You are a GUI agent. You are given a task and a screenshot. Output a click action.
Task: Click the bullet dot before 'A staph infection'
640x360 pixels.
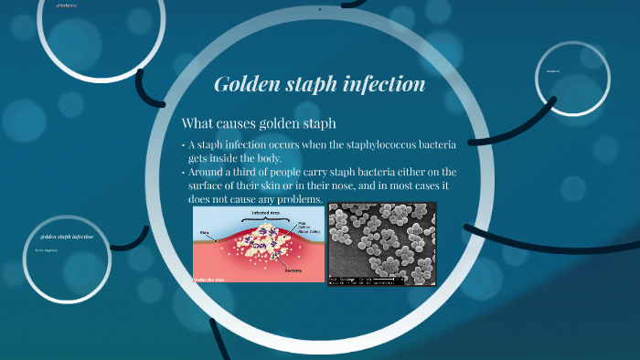(183, 145)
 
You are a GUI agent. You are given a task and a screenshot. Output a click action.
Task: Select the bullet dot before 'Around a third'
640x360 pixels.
(183, 172)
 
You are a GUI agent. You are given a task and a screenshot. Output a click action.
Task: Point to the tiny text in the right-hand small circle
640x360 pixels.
(552, 70)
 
